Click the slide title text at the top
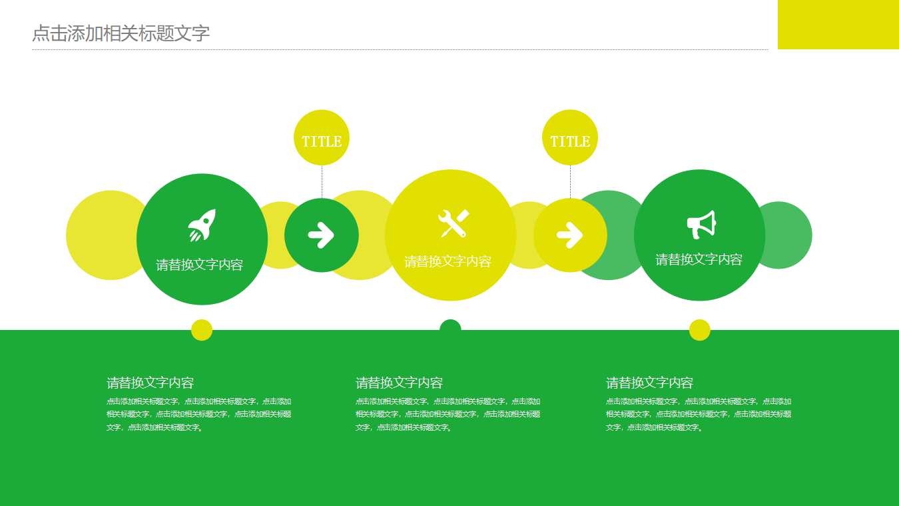coord(121,33)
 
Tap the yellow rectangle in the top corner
coord(838,24)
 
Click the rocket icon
coord(202,225)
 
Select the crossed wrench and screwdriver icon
coord(453,223)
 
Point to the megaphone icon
coord(701,225)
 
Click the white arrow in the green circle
coord(321,235)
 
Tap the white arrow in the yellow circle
coord(570,235)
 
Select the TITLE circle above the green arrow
coord(322,138)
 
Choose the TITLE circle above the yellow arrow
coord(570,138)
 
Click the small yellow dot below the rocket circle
coord(202,330)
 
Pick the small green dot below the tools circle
coord(450,327)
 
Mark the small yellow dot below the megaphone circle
coord(700,330)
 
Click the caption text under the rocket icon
coord(199,265)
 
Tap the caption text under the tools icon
coord(448,261)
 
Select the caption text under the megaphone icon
coord(699,259)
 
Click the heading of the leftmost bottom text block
coord(150,383)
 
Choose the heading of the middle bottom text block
coord(399,383)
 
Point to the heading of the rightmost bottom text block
coord(649,383)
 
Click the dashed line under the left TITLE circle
coord(322,181)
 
